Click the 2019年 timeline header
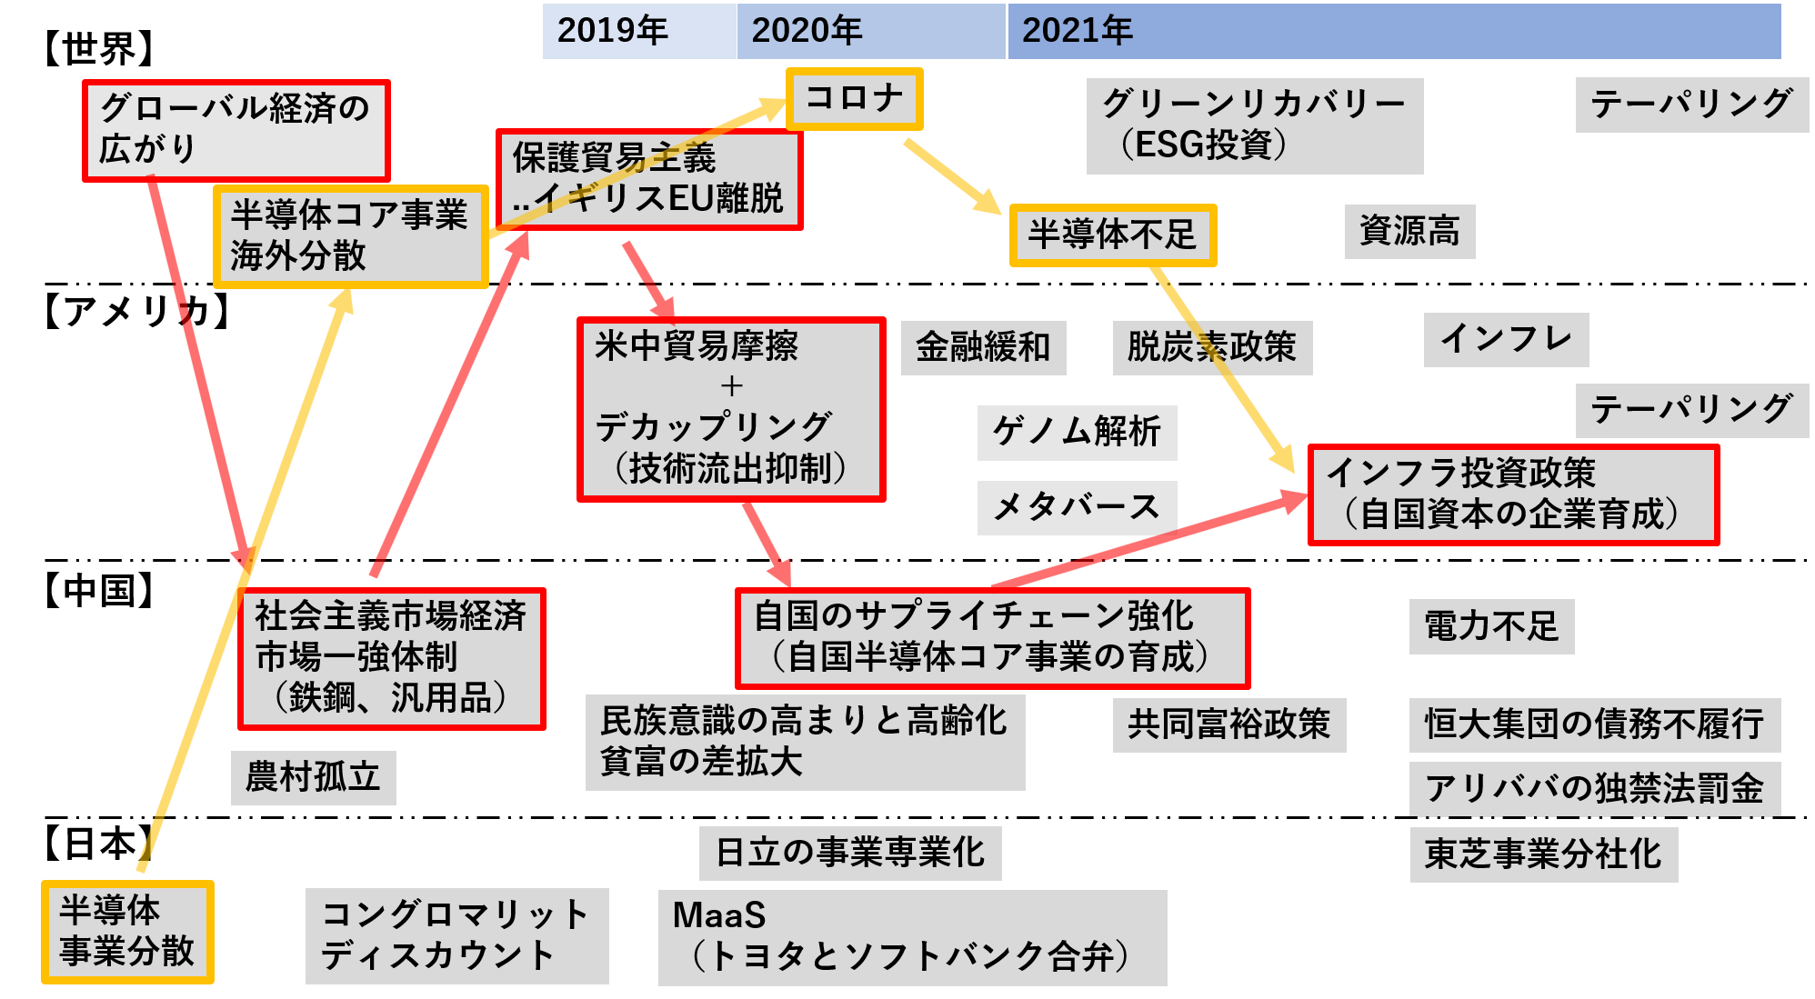pos(639,31)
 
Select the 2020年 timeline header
pos(871,31)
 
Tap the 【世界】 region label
pos(99,48)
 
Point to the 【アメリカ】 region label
pos(136,312)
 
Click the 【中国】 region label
pos(99,590)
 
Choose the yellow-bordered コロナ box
pos(854,98)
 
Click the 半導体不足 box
pos(1112,235)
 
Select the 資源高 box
pos(1409,231)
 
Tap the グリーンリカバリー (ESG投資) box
pos(1255,125)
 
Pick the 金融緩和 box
pos(983,347)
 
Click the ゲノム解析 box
pos(1077,432)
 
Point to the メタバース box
pos(1077,507)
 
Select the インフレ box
pos(1506,339)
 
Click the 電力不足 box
pos(1491,626)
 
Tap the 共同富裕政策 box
pos(1229,724)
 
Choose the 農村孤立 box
pos(313,777)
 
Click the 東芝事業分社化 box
pos(1543,854)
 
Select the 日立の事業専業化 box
pos(850,853)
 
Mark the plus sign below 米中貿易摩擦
pos(732,386)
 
